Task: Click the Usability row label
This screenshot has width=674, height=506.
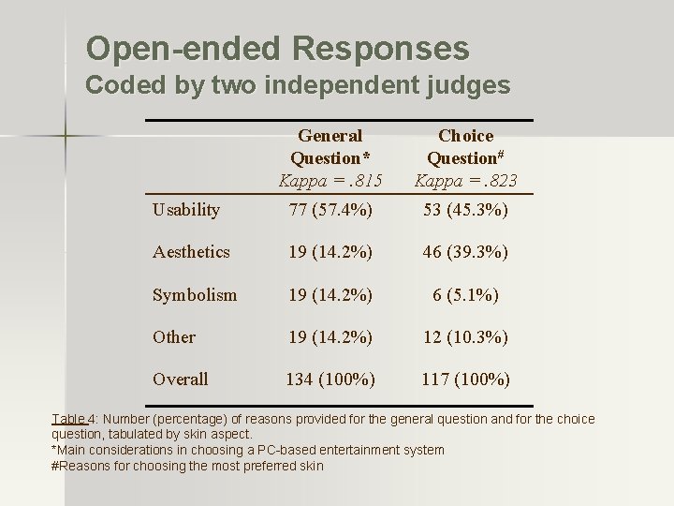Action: pos(185,210)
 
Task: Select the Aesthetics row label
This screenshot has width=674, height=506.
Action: pos(190,252)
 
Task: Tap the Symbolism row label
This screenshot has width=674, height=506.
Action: pos(195,294)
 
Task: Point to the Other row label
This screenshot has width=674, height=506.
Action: pos(173,336)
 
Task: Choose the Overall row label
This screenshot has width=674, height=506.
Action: pos(180,379)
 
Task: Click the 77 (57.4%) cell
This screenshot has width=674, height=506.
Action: pos(330,210)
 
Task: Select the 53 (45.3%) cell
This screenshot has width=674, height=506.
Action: pos(466,210)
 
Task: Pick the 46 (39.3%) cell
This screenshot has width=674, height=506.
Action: pos(466,252)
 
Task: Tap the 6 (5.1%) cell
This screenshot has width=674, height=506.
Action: pos(466,294)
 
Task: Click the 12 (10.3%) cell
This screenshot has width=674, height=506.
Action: pos(466,336)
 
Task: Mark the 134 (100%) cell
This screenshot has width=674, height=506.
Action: pos(330,379)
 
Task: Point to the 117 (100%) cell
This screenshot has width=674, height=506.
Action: pos(466,379)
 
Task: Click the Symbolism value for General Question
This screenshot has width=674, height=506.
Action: pos(330,294)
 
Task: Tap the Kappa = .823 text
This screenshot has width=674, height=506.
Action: pos(466,180)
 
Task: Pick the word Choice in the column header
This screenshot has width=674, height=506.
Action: pos(466,136)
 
